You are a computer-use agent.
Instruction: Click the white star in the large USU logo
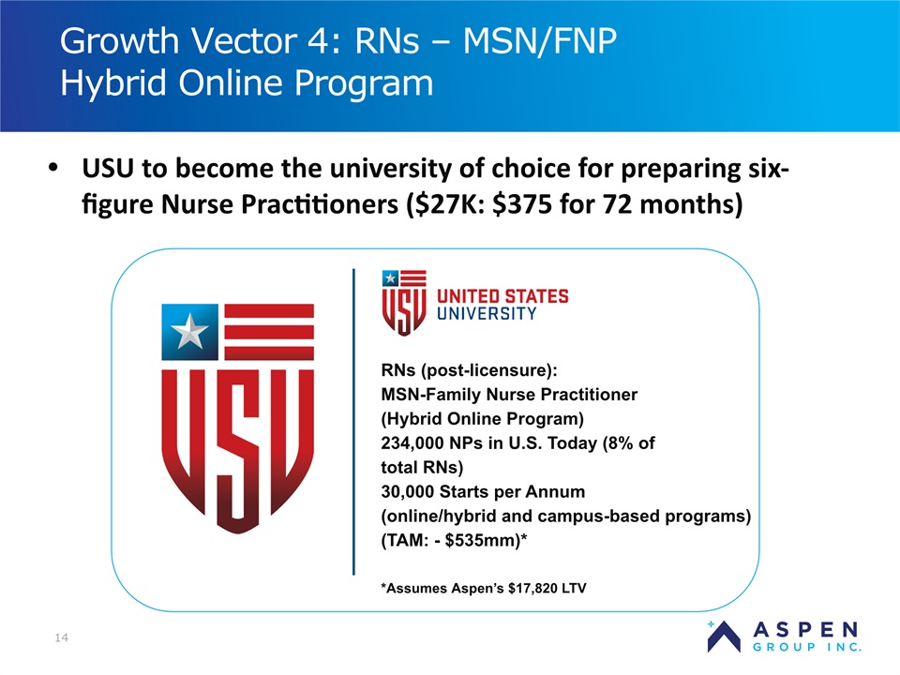[190, 332]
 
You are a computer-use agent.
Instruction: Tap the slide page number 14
[62, 637]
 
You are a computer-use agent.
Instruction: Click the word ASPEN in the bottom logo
[805, 630]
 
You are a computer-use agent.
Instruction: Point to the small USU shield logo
[404, 303]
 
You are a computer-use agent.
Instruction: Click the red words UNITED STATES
[502, 296]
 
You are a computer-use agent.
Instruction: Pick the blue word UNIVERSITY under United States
[487, 313]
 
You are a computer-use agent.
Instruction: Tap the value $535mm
[482, 541]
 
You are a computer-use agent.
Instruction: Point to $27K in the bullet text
[443, 203]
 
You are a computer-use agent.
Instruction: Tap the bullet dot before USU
[53, 168]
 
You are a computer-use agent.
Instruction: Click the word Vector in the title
[242, 41]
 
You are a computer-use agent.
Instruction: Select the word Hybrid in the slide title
[113, 83]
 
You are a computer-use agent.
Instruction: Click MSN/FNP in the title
[540, 41]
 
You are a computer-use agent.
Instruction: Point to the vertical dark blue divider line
[353, 422]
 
